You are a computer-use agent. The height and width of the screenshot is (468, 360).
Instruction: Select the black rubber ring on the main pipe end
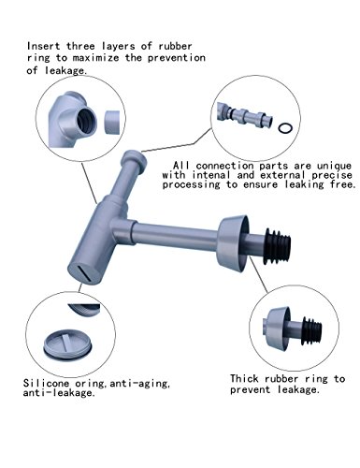tap(277, 246)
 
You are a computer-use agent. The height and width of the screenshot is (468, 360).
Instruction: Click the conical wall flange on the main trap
tap(233, 243)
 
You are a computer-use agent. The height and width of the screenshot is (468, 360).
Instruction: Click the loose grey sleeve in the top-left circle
tap(111, 123)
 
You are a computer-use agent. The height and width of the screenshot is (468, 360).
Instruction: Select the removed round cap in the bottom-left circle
tap(68, 345)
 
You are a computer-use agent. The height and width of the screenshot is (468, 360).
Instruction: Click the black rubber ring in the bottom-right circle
tap(312, 331)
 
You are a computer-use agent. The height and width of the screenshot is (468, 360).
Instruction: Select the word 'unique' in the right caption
tap(335, 166)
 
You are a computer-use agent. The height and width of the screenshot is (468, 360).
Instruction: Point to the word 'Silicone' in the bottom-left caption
tap(46, 383)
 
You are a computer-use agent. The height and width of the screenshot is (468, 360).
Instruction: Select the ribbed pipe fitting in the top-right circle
tap(245, 115)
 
